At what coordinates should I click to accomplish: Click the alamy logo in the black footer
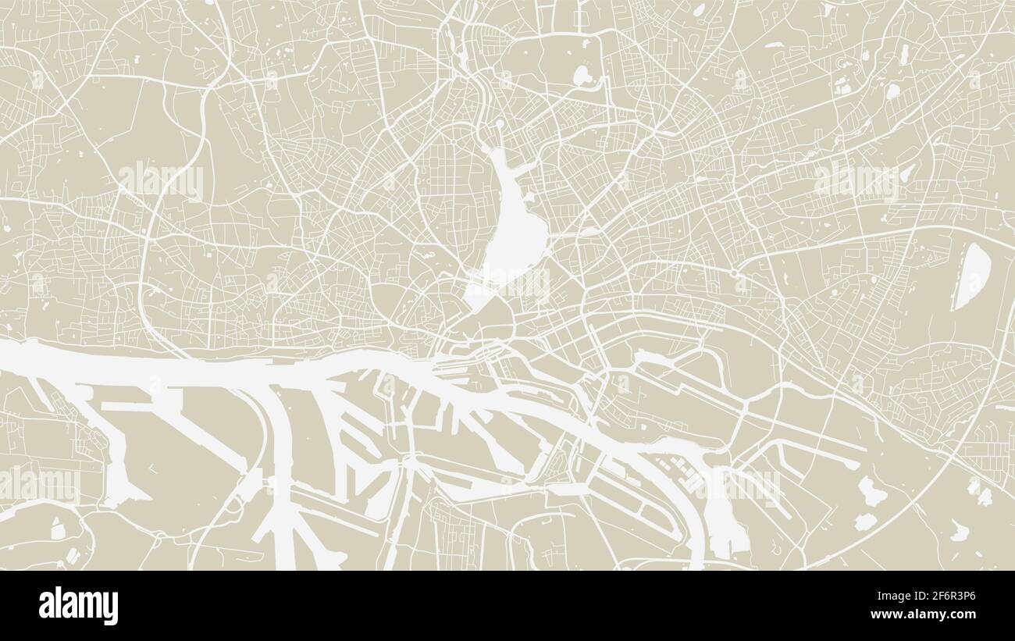pyautogui.click(x=78, y=606)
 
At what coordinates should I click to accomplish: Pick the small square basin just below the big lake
pyautogui.click(x=477, y=295)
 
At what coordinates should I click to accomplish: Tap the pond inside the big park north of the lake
pyautogui.click(x=582, y=75)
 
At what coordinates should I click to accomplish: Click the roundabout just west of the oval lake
pyautogui.click(x=735, y=272)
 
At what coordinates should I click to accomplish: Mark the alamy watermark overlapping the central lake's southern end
pyautogui.click(x=508, y=283)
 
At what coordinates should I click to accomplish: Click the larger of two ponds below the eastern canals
pyautogui.click(x=869, y=491)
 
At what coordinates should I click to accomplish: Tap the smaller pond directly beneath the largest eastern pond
pyautogui.click(x=864, y=522)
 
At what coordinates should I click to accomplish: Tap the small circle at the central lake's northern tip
pyautogui.click(x=500, y=126)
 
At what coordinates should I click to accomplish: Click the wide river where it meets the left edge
pyautogui.click(x=16, y=356)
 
